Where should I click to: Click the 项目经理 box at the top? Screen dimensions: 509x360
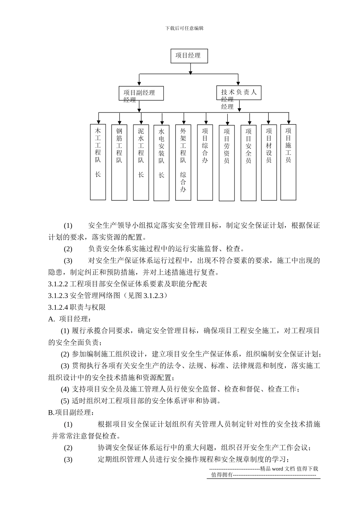190,56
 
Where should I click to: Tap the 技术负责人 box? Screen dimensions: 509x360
239,92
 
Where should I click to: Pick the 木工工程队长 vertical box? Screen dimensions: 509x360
98,162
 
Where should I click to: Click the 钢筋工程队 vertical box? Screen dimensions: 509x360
119,162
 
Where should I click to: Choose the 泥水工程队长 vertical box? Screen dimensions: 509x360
141,162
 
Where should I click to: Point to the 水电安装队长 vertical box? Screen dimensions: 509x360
161,162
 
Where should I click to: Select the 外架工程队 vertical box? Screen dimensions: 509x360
183,162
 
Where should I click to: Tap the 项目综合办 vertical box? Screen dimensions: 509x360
205,162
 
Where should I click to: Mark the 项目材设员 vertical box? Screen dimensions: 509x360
269,162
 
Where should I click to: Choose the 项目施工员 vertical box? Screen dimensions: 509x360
288,162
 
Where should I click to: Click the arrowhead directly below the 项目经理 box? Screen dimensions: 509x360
190,72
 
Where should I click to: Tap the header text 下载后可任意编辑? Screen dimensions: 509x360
185,28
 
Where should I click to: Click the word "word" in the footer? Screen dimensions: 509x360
277,469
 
